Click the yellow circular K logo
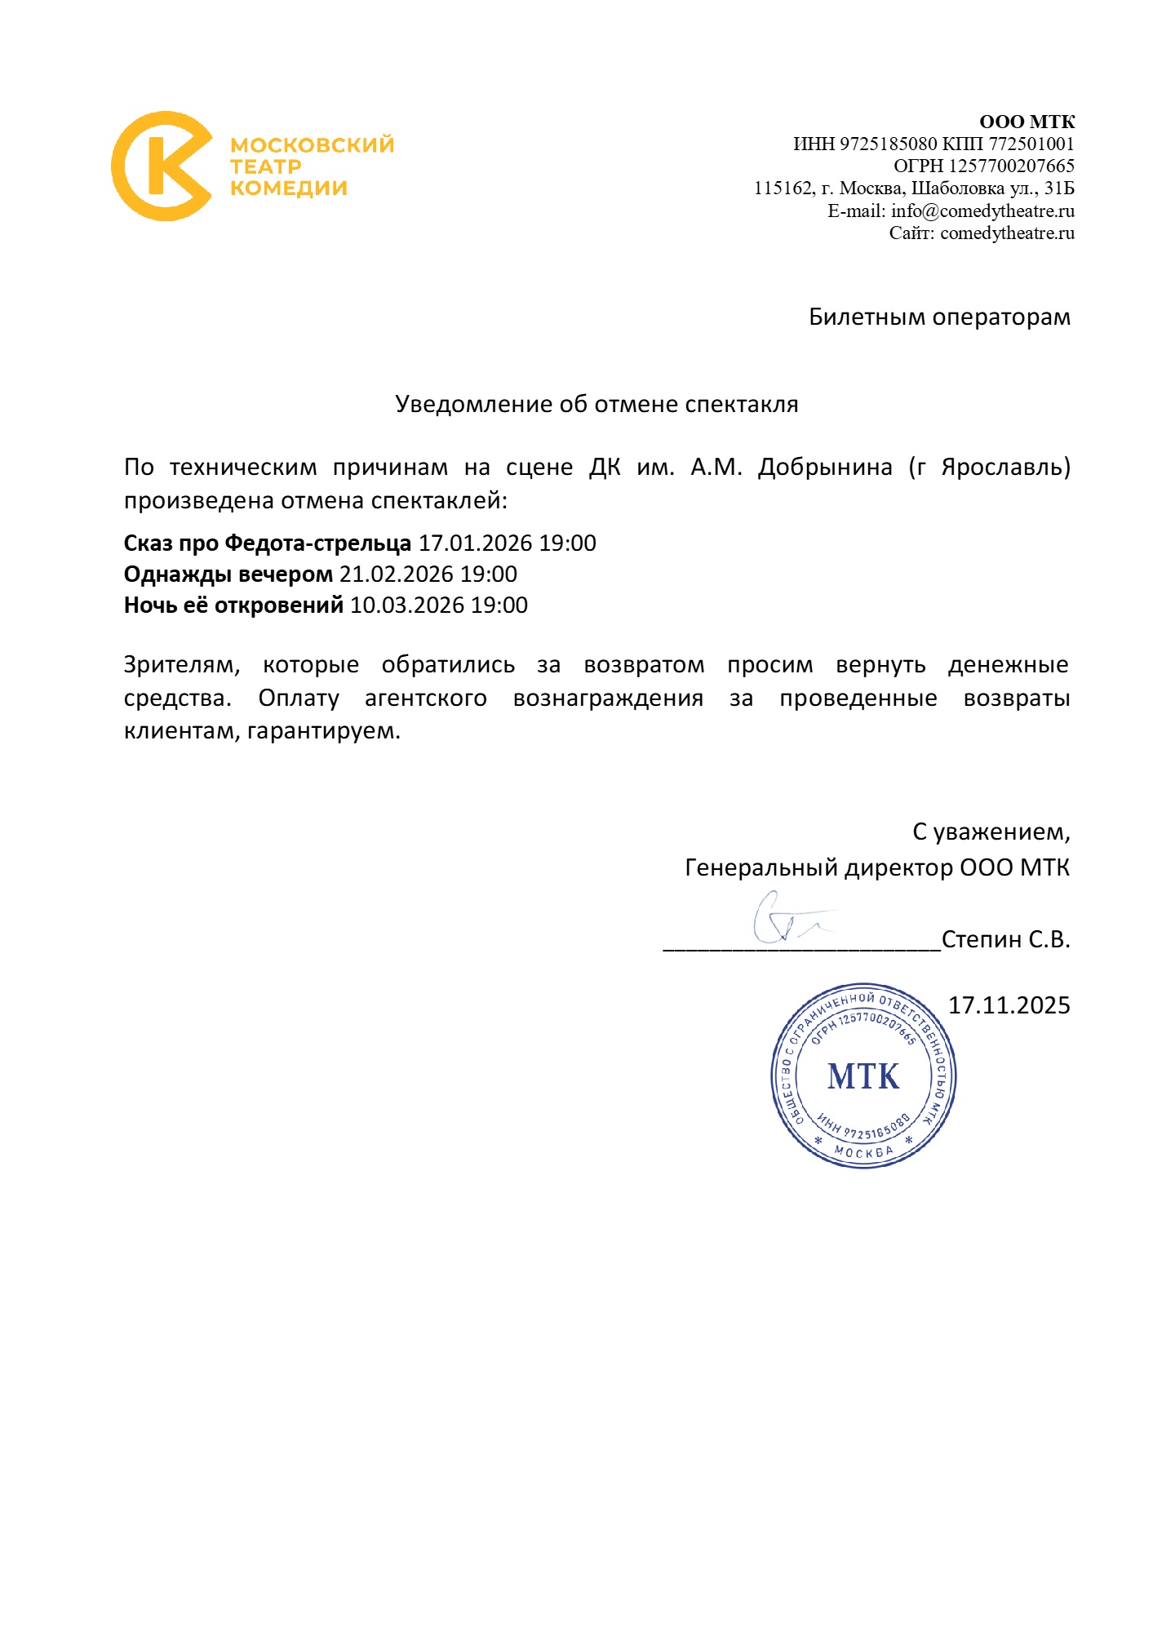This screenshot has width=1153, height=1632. pyautogui.click(x=162, y=166)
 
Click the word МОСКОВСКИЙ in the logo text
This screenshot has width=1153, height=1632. pyautogui.click(x=312, y=145)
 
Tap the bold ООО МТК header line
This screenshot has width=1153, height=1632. pyautogui.click(x=1027, y=122)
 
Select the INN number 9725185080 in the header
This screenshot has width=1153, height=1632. pyautogui.click(x=888, y=144)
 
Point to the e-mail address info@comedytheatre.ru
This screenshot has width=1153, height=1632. pyautogui.click(x=982, y=211)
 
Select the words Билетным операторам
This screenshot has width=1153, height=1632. pyautogui.click(x=939, y=317)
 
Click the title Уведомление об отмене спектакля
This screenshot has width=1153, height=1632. pyautogui.click(x=596, y=404)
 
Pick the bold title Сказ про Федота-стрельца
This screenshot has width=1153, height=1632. pyautogui.click(x=268, y=543)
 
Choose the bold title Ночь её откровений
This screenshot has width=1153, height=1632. pyautogui.click(x=233, y=605)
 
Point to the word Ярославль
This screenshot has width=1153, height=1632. pyautogui.click(x=1001, y=468)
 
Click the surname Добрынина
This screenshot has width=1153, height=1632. pyautogui.click(x=825, y=468)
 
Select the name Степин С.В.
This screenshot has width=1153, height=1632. pyautogui.click(x=1005, y=940)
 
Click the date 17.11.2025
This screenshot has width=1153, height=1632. pyautogui.click(x=1009, y=1005)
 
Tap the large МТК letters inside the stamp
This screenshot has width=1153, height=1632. pyautogui.click(x=863, y=1076)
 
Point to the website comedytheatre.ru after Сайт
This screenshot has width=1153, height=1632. pyautogui.click(x=1007, y=233)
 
